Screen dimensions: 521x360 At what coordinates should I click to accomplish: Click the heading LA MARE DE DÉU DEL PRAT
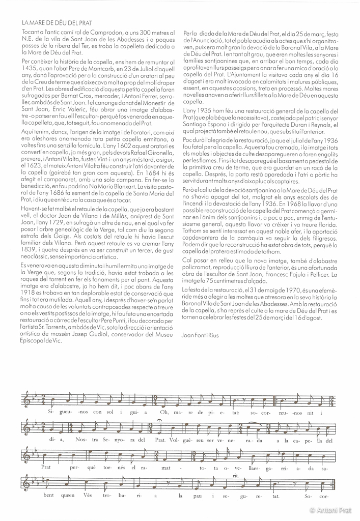tap(57, 23)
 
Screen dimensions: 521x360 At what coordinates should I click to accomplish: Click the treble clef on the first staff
tap(27, 401)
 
